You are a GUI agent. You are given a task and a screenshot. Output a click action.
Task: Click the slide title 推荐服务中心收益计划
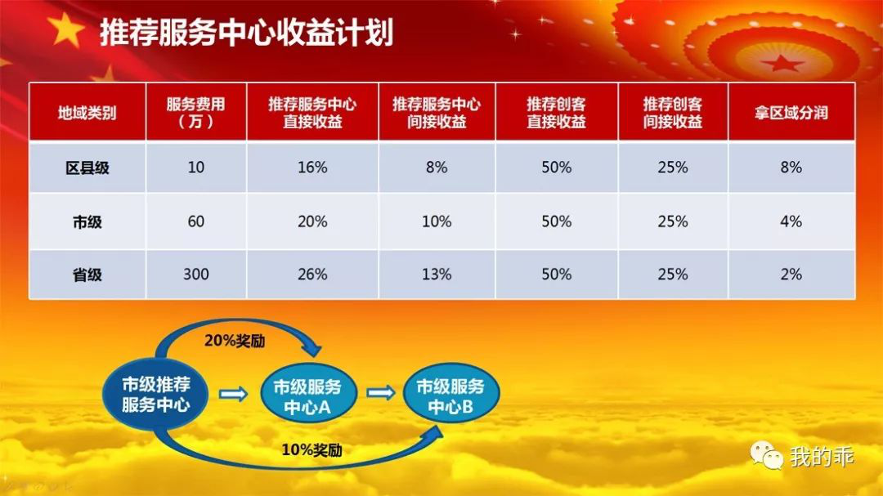(246, 32)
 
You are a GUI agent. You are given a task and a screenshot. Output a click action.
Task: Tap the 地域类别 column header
(87, 113)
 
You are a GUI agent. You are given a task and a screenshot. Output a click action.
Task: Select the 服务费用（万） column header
(195, 113)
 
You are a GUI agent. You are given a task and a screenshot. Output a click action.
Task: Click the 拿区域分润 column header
(791, 113)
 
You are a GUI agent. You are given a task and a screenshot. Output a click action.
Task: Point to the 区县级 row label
(87, 168)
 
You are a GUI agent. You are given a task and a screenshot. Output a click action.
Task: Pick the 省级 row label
(87, 275)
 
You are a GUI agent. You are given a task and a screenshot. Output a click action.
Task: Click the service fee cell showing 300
(196, 275)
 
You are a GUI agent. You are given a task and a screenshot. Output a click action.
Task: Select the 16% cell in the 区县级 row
(312, 168)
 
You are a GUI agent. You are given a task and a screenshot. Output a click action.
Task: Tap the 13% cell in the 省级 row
(437, 275)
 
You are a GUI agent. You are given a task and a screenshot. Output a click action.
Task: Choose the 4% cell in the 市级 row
(791, 221)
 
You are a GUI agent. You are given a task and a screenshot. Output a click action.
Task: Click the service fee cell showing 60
(196, 221)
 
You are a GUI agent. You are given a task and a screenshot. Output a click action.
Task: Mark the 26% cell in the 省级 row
(312, 275)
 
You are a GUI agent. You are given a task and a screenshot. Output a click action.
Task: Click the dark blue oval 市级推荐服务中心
(155, 395)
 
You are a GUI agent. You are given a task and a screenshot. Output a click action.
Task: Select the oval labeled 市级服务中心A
(308, 394)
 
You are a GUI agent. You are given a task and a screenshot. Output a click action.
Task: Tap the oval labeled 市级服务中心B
(450, 394)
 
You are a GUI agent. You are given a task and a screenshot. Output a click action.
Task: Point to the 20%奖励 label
(235, 342)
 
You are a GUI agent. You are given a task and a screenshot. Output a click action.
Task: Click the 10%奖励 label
(312, 450)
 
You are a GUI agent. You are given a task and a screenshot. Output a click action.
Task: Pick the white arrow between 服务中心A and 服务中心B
(381, 392)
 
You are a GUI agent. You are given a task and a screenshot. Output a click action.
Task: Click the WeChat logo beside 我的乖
(766, 454)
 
